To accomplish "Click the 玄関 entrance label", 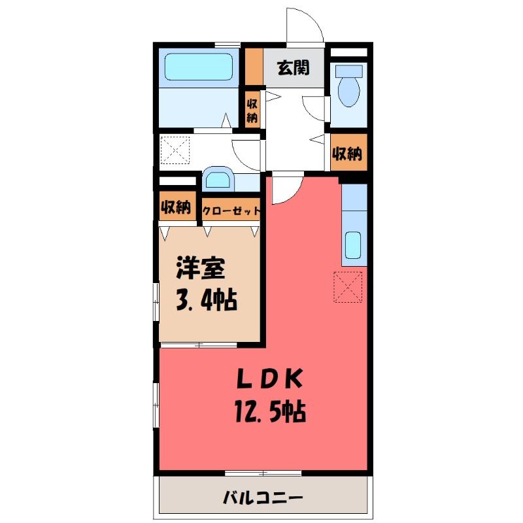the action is pos(293,68).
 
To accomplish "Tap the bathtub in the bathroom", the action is pos(199,67).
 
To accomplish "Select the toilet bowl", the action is pos(349,90).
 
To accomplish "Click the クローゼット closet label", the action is pos(231,211).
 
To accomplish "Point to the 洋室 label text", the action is pos(201,268).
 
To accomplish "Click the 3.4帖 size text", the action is pos(206,300).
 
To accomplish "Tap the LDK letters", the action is pos(269,379).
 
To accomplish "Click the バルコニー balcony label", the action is pos(263,498).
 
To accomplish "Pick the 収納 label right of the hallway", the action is pos(347,154).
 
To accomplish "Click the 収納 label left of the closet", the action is pos(176,207).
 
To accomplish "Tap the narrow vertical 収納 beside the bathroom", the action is pos(252,110).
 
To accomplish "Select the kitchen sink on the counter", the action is pos(353,245).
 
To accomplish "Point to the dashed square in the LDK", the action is pos(348,287).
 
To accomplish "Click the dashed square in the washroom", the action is pos(175,150).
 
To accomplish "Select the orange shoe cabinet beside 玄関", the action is pos(254,67).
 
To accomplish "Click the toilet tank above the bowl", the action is pos(349,71).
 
